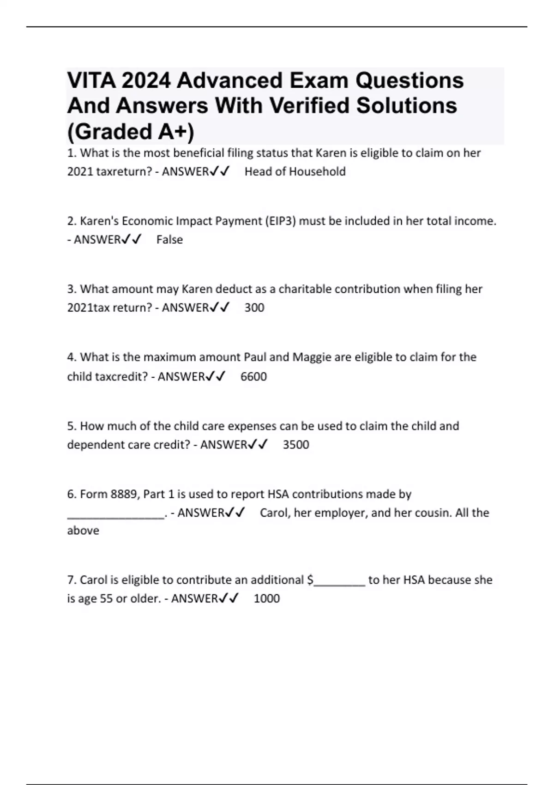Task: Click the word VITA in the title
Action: [90, 81]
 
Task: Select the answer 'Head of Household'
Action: [295, 172]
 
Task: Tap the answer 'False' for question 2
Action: [169, 240]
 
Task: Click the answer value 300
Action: [254, 308]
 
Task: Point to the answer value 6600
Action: [253, 376]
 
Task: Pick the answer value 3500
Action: [296, 445]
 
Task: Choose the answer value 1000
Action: [267, 598]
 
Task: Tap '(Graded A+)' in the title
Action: [131, 132]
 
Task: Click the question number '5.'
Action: [72, 426]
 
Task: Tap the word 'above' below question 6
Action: [83, 531]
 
